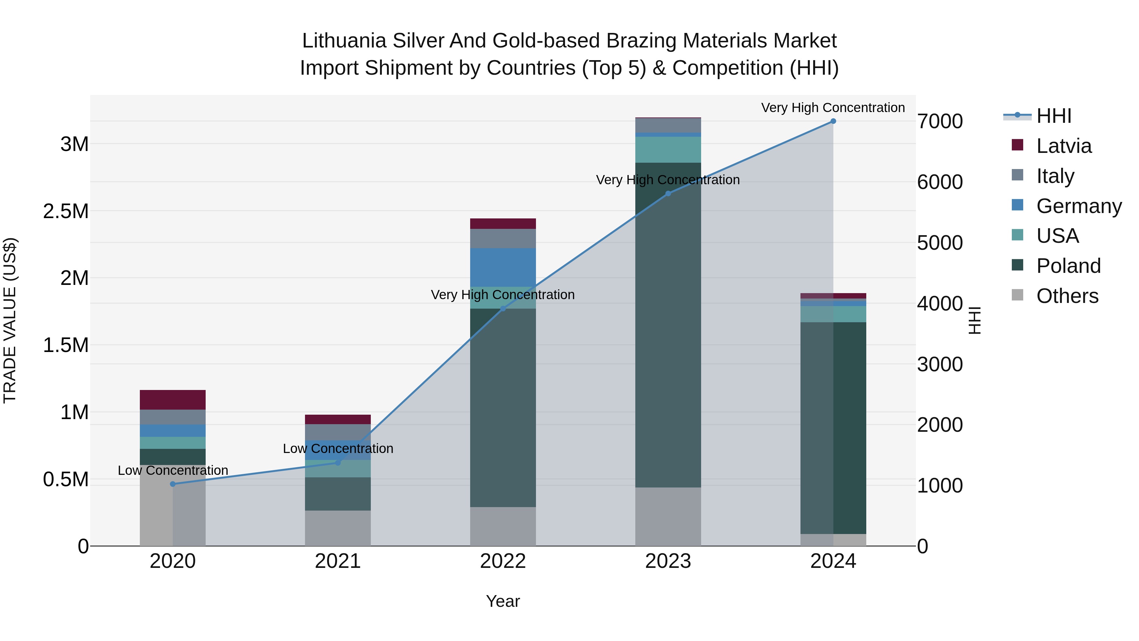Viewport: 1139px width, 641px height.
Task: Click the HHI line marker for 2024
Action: tap(833, 121)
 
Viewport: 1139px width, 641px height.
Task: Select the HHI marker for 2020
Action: tap(173, 484)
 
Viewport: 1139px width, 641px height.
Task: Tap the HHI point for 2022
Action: tap(503, 308)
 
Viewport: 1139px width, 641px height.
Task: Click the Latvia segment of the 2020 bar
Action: tap(173, 399)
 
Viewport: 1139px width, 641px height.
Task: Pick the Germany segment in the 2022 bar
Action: tap(503, 267)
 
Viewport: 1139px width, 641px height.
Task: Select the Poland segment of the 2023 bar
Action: tap(668, 325)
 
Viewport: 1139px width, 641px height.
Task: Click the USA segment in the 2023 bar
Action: tap(668, 149)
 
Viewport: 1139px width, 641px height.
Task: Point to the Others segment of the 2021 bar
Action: tap(338, 528)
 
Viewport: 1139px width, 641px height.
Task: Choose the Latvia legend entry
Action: tap(1063, 146)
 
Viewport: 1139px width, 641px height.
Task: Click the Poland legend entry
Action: tap(1068, 266)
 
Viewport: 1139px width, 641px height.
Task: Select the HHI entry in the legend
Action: tap(1053, 116)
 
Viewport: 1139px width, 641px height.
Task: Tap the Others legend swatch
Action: tap(1018, 295)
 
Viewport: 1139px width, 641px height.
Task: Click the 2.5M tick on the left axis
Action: tap(65, 211)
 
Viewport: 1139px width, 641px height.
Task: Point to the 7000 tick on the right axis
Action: tap(940, 122)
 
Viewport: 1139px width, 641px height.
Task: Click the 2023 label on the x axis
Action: tap(668, 561)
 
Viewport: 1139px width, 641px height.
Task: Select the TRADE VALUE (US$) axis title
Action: tap(10, 320)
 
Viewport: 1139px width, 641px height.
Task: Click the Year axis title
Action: tap(503, 601)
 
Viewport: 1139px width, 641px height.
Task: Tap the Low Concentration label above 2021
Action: tap(338, 449)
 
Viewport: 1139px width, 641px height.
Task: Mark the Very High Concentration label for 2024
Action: tap(833, 108)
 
